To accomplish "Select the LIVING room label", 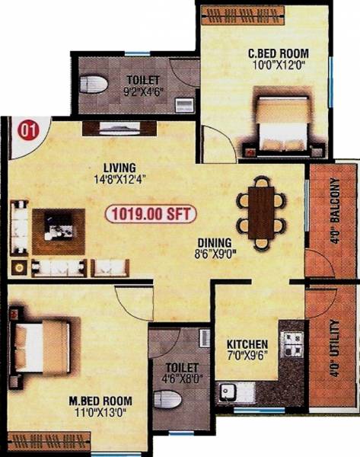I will pos(120,168).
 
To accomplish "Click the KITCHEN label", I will pos(247,343).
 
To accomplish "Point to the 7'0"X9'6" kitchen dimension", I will pos(247,356).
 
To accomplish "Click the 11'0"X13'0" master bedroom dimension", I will pos(97,414).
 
